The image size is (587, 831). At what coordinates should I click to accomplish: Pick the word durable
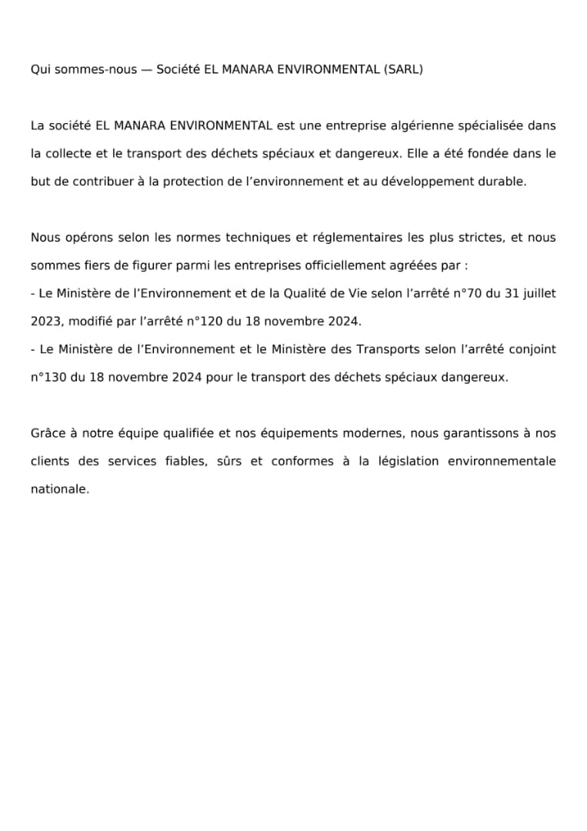(504, 181)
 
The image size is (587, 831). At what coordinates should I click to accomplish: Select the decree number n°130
(48, 377)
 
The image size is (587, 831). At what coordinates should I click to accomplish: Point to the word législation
(419, 461)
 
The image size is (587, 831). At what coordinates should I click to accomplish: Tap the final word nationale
(59, 489)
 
